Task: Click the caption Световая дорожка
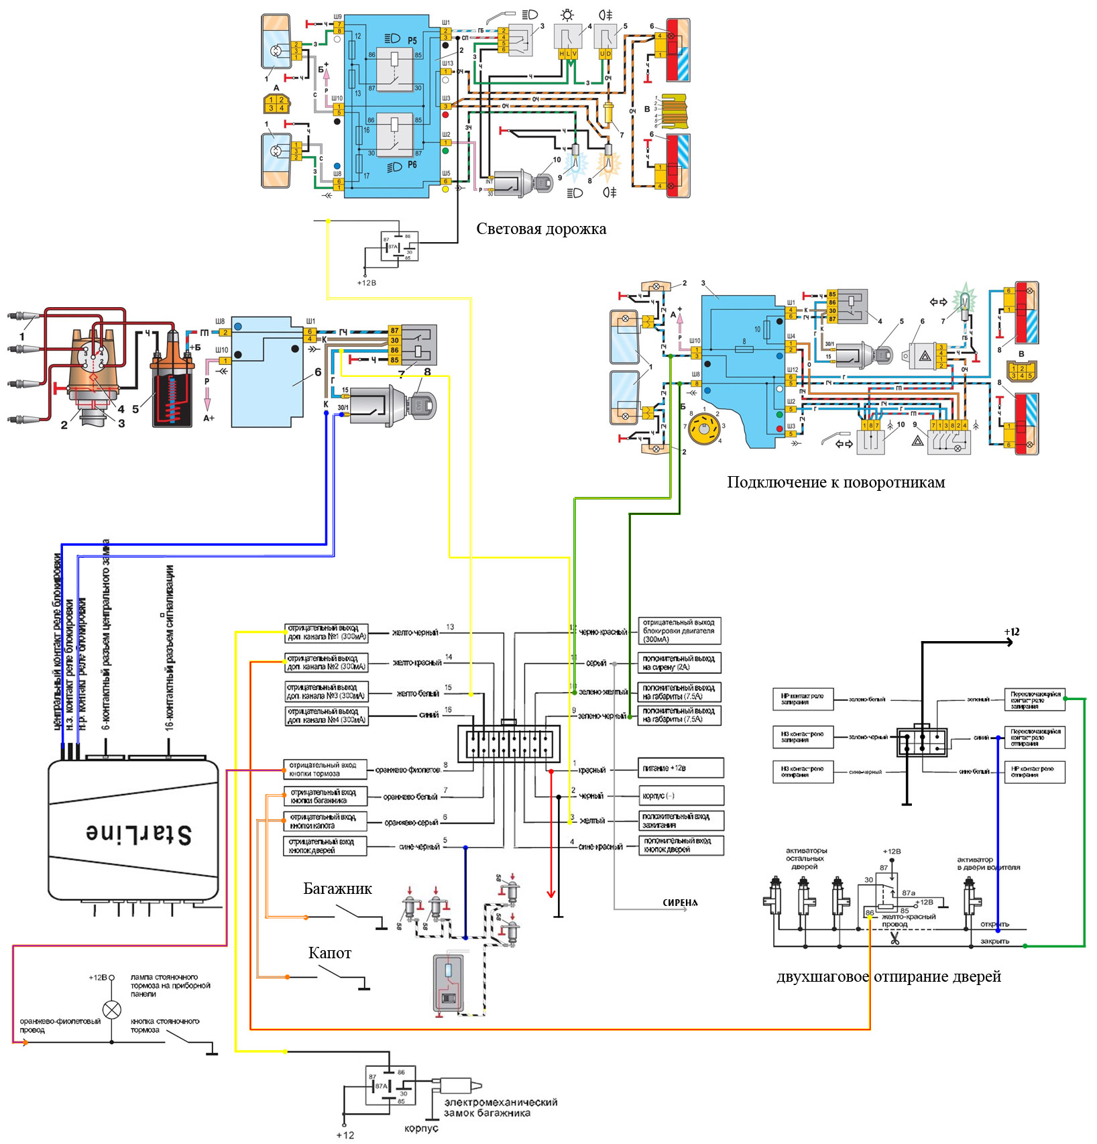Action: [x=541, y=229]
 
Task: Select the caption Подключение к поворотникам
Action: [x=835, y=482]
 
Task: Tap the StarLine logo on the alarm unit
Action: [x=139, y=833]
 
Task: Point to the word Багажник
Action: [x=337, y=889]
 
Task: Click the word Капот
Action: [x=329, y=953]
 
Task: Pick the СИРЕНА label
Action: [x=680, y=903]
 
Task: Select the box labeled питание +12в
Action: [x=680, y=768]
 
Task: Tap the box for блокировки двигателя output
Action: [x=679, y=631]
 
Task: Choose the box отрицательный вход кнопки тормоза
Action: [x=325, y=769]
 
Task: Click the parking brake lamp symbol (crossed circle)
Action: [x=112, y=1009]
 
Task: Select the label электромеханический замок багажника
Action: [x=500, y=1107]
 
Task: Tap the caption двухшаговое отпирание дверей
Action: [x=888, y=976]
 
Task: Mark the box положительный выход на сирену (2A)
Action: [x=679, y=663]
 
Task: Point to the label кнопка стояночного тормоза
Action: [x=164, y=1025]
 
